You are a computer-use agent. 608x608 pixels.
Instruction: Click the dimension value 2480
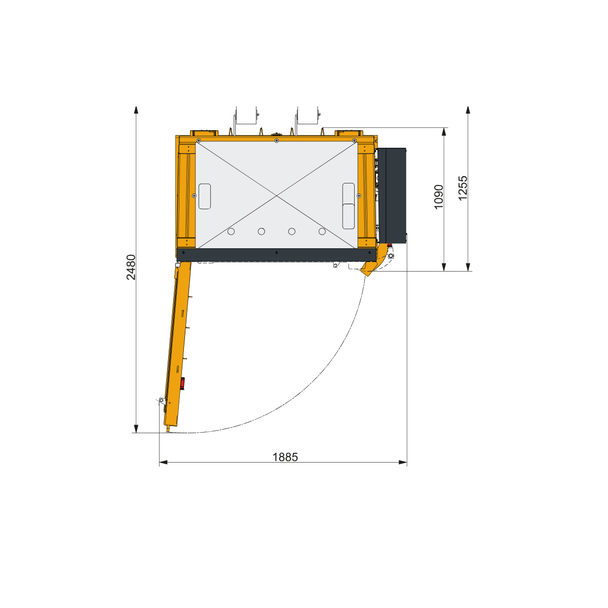(131, 267)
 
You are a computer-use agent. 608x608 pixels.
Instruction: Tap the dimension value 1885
(285, 457)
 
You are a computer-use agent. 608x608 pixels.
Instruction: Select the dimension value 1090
(439, 197)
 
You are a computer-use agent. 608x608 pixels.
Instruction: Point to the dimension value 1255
(463, 188)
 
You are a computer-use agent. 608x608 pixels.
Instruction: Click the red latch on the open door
(182, 384)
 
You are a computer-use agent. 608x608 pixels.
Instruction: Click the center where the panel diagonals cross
(277, 196)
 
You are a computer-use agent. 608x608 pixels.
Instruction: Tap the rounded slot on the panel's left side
(205, 196)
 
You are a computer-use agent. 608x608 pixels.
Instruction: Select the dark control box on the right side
(392, 196)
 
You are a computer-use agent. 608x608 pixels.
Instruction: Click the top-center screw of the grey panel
(277, 141)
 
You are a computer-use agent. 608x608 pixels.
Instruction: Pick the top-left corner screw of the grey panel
(199, 141)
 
